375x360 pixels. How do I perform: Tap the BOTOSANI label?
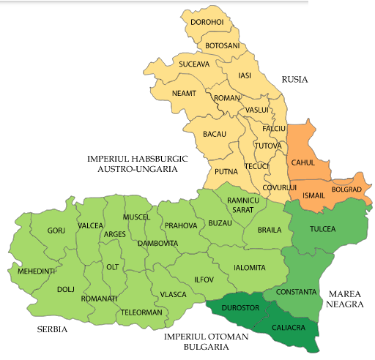223,46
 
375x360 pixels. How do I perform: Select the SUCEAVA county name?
195,64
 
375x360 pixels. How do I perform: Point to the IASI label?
245,75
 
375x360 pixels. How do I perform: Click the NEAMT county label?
185,94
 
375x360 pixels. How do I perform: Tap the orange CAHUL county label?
304,162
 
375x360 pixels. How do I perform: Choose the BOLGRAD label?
346,190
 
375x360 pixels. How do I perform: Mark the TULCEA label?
322,229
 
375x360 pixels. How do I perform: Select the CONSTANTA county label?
297,293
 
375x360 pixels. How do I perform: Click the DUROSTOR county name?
240,308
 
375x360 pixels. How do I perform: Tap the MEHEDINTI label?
36,271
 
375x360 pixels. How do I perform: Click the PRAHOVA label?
181,225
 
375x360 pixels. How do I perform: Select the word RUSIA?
295,79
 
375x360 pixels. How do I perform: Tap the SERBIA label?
53,330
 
